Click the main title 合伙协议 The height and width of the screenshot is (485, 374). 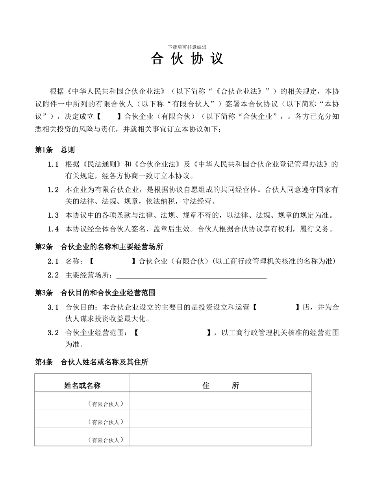click(x=187, y=59)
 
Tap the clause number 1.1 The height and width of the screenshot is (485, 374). click(x=53, y=164)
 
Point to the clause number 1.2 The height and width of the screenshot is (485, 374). click(x=53, y=190)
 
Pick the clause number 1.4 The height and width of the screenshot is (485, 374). click(x=53, y=229)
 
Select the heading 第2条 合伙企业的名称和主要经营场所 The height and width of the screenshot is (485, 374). click(x=99, y=247)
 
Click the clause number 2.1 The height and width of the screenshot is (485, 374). click(x=53, y=261)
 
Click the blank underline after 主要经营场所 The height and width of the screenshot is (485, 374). click(x=192, y=275)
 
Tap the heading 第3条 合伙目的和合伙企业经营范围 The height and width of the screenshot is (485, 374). click(x=95, y=293)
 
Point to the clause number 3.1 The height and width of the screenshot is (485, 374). click(x=53, y=307)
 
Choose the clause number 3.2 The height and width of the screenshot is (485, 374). click(x=53, y=333)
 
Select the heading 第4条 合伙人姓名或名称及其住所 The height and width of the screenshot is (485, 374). click(x=91, y=362)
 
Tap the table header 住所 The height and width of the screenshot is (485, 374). click(x=220, y=386)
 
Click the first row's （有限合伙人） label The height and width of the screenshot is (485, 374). click(x=106, y=404)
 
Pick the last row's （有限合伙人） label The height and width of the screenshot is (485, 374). click(x=106, y=440)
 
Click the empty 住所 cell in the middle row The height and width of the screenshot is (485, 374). click(x=220, y=419)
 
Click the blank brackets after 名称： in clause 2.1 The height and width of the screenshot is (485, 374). click(x=112, y=261)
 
